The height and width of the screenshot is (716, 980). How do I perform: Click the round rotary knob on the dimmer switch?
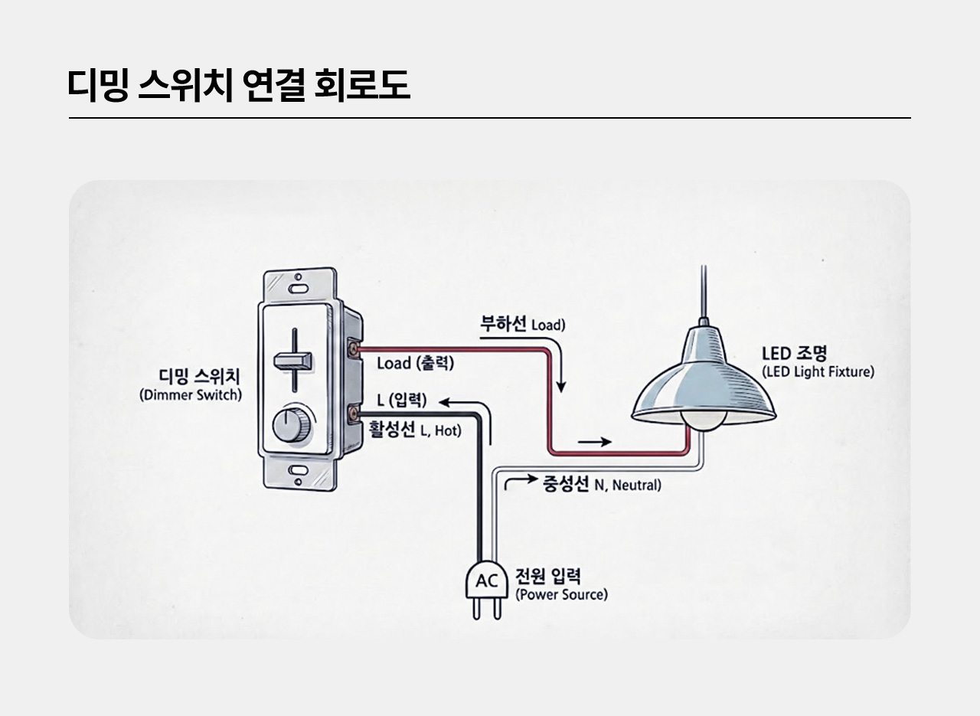pyautogui.click(x=292, y=425)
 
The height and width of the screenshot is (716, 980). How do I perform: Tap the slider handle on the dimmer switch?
pyautogui.click(x=292, y=361)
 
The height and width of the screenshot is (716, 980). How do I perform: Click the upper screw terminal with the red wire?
pyautogui.click(x=353, y=349)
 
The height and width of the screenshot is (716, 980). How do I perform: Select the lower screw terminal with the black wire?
pyautogui.click(x=353, y=414)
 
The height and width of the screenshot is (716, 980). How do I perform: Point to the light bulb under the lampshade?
pyautogui.click(x=703, y=420)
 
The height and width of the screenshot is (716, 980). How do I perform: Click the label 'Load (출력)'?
pyautogui.click(x=415, y=363)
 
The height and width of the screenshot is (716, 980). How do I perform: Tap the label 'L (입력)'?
pyautogui.click(x=402, y=400)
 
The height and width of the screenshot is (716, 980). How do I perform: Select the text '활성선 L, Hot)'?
pyautogui.click(x=415, y=430)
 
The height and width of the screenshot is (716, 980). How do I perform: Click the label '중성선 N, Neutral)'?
pyautogui.click(x=602, y=484)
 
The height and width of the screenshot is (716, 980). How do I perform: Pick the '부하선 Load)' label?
pyautogui.click(x=523, y=324)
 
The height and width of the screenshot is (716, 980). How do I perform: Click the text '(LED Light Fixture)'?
pyautogui.click(x=818, y=372)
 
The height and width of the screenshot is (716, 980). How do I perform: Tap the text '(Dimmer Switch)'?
pyautogui.click(x=191, y=395)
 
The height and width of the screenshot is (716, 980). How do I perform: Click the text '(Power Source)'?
pyautogui.click(x=561, y=595)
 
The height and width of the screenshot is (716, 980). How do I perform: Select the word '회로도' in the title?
pyautogui.click(x=362, y=85)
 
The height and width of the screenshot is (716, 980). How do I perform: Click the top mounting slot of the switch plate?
pyautogui.click(x=299, y=289)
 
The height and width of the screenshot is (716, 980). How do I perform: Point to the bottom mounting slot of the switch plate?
pyautogui.click(x=299, y=470)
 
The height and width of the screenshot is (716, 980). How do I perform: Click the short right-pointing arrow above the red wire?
pyautogui.click(x=595, y=442)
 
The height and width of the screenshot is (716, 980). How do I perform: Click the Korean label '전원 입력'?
pyautogui.click(x=548, y=576)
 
